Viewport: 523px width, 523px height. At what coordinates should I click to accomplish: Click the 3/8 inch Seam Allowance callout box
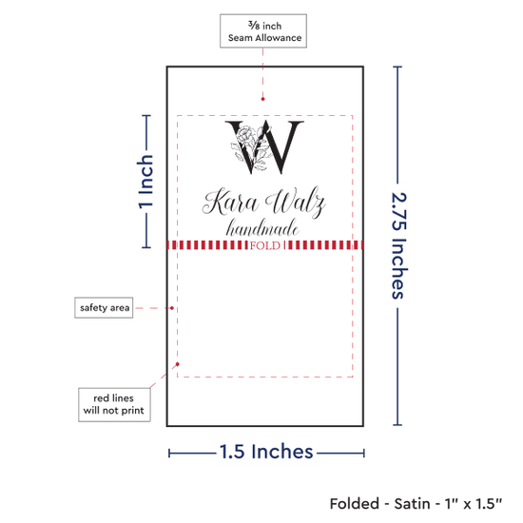(x=263, y=31)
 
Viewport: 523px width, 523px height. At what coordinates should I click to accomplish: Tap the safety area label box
(x=104, y=307)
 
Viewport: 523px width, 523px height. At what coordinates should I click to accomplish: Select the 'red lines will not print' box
(x=114, y=404)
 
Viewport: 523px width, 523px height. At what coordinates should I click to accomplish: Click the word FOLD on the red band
(x=265, y=246)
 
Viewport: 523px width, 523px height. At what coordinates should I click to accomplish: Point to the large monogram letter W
(x=264, y=146)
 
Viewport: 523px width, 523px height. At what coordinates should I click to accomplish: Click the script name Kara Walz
(x=263, y=203)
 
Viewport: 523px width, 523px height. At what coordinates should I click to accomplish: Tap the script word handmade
(x=262, y=228)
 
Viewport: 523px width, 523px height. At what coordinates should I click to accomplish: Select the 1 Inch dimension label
(x=145, y=182)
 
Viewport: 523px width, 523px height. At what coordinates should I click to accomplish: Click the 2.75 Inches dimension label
(x=398, y=246)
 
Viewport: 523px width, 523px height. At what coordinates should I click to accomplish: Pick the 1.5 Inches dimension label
(x=266, y=452)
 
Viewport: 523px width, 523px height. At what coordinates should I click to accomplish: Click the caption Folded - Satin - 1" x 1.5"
(x=416, y=504)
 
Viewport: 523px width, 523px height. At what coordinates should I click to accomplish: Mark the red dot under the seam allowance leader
(x=262, y=99)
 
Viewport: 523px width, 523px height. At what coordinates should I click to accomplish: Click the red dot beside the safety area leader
(x=172, y=308)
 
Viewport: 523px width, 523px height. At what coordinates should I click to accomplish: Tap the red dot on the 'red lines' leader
(x=178, y=364)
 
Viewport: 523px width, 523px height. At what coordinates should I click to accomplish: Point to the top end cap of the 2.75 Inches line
(x=397, y=68)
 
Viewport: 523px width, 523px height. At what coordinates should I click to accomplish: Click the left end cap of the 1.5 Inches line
(x=169, y=454)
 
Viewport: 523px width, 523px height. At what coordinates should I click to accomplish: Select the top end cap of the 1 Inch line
(x=146, y=116)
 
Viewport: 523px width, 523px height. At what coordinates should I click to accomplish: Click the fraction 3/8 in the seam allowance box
(x=254, y=25)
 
